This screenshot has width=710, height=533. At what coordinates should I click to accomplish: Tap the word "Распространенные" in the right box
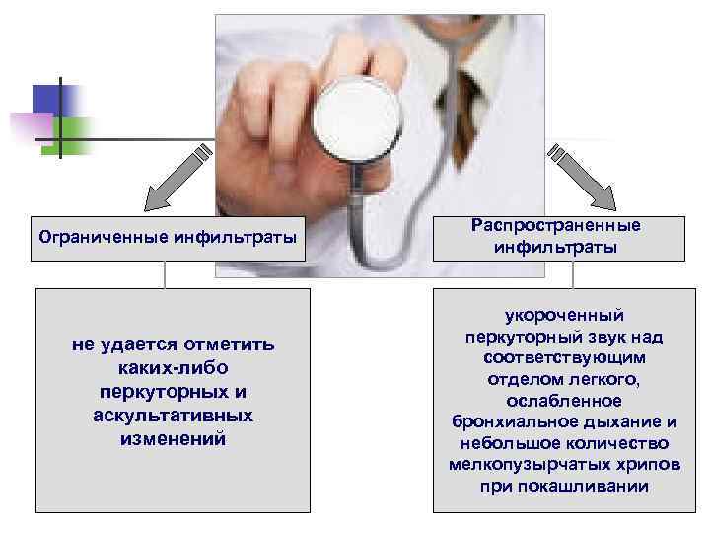click(x=556, y=225)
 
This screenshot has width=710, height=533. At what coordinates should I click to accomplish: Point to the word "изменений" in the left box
click(x=173, y=439)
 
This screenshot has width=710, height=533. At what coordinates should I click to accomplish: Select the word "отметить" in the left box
click(x=234, y=344)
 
